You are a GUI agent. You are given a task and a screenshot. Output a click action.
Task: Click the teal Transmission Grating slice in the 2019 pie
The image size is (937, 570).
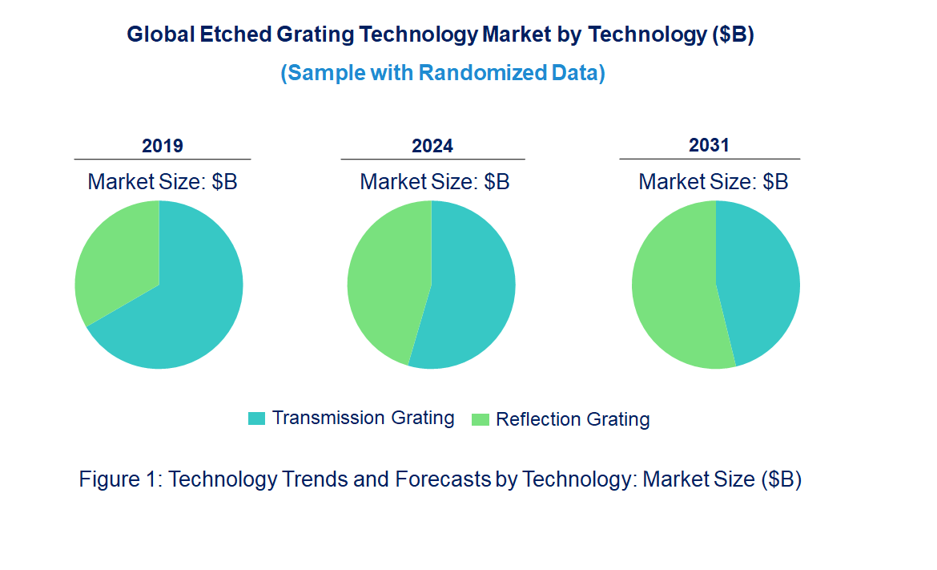184,313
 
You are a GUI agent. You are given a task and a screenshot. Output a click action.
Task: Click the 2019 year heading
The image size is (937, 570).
163,146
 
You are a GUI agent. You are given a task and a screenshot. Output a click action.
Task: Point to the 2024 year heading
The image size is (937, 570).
432,146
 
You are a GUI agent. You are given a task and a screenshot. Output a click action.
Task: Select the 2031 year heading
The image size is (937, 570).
710,145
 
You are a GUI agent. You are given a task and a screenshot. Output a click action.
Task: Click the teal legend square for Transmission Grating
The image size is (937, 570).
256,418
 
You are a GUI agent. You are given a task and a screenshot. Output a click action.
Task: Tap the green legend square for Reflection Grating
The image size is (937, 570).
481,419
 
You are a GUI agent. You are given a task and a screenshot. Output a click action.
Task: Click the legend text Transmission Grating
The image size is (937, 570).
363,418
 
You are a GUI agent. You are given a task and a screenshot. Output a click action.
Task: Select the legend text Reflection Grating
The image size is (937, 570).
573,419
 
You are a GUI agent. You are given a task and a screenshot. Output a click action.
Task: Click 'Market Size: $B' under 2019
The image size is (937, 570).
163,182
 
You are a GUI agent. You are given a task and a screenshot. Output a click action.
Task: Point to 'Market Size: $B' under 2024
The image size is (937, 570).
435,182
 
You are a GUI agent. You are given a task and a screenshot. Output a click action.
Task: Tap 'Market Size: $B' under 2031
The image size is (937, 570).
714,182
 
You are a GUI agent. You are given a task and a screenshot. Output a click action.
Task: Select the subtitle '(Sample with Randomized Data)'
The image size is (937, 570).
443,73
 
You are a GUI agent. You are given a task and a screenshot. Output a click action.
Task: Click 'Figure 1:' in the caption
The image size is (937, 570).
121,479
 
